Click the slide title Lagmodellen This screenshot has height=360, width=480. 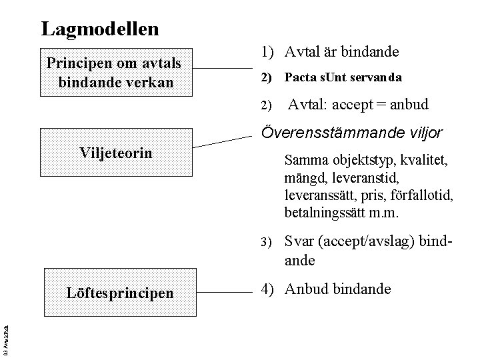[x=100, y=29]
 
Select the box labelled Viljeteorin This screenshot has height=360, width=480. [x=117, y=153]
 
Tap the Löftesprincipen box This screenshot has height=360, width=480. [x=120, y=292]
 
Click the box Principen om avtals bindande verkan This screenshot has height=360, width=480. [x=117, y=72]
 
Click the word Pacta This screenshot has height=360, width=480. [x=299, y=78]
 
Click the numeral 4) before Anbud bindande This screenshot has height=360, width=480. [x=268, y=289]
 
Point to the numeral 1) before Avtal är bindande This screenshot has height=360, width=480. [x=268, y=51]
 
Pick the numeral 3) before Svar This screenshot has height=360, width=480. [x=265, y=241]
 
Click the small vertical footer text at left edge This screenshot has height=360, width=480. [x=5, y=340]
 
